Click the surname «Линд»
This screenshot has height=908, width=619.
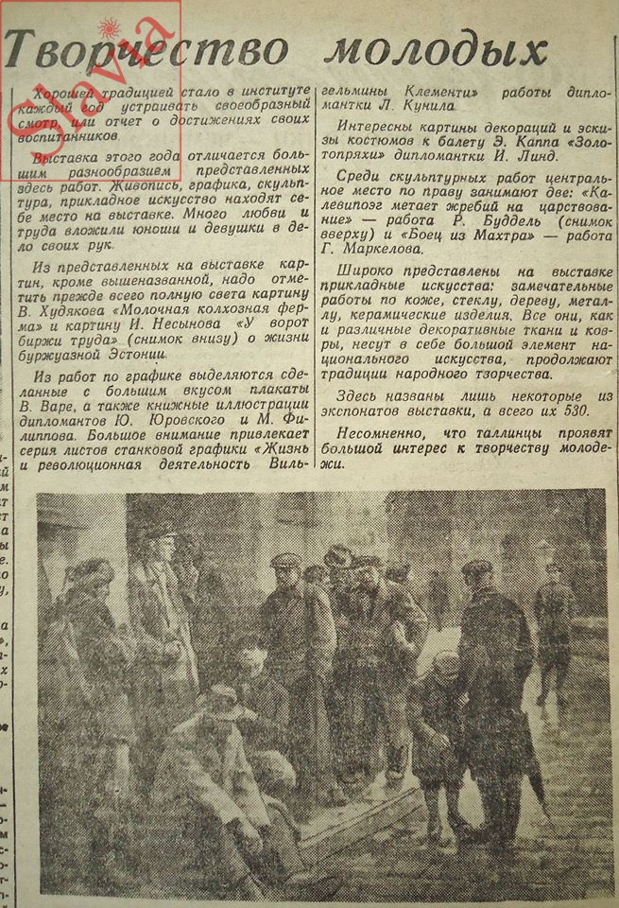tap(562, 155)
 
